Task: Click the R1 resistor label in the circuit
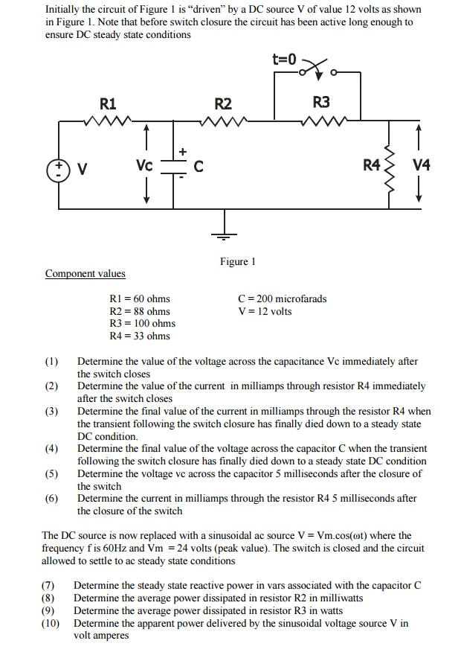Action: [108, 103]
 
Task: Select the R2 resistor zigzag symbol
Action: [224, 121]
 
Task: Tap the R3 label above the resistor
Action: [321, 102]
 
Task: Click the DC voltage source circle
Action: [59, 170]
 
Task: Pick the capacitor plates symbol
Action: [173, 166]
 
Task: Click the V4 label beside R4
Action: [421, 165]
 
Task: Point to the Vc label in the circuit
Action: [144, 165]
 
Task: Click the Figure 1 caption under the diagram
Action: [238, 261]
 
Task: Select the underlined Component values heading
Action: [86, 273]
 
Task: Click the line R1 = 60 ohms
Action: [140, 298]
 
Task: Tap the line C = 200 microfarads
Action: [283, 298]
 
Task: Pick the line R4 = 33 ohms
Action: [140, 336]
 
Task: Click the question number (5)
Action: [51, 473]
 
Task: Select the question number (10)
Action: [51, 623]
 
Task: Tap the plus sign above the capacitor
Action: [183, 152]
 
